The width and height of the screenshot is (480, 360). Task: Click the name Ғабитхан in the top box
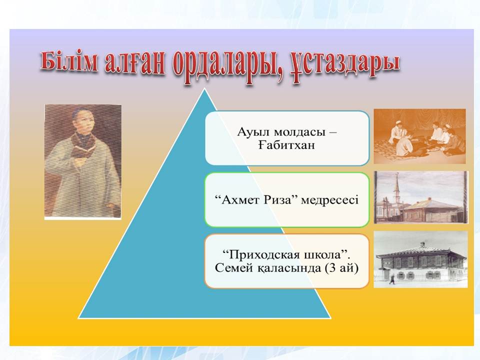(286, 145)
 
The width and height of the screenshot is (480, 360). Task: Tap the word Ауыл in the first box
(253, 132)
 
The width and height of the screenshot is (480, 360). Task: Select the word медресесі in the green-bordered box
(329, 200)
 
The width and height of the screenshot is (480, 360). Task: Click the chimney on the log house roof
(423, 244)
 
